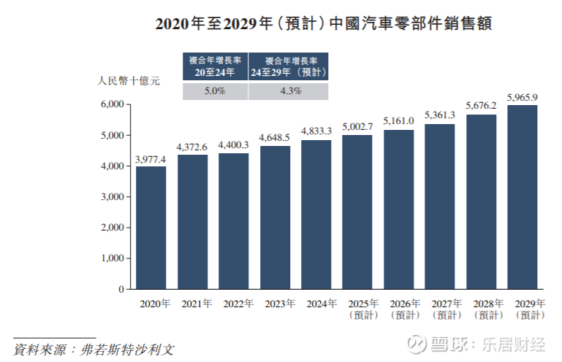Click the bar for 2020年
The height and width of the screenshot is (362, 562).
[x=151, y=228]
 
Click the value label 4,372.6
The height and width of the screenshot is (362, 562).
[x=192, y=147]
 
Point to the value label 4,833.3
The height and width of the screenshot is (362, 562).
[x=316, y=131]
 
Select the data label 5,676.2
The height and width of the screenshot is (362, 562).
[x=482, y=106]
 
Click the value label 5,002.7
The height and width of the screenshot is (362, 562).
[x=357, y=126]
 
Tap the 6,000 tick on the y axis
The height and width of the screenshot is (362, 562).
[x=110, y=105]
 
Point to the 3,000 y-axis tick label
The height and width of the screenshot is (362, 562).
[x=110, y=197]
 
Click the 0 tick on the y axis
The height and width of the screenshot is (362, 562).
[x=121, y=289]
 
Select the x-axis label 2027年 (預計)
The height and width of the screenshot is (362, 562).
[x=440, y=309]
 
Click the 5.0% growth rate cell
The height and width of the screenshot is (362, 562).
[x=214, y=91]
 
